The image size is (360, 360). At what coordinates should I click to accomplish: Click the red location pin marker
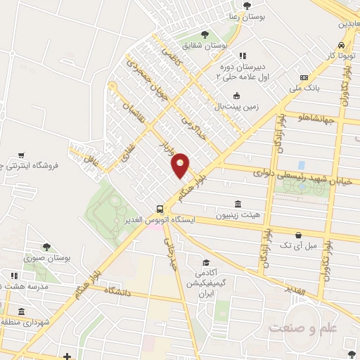(181, 164)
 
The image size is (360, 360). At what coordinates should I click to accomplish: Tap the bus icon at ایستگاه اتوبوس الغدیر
(161, 209)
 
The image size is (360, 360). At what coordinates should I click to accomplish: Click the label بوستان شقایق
(203, 46)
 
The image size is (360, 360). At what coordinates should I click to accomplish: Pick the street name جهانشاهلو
(319, 117)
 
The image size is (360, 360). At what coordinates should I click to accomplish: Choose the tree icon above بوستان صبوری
(47, 247)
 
